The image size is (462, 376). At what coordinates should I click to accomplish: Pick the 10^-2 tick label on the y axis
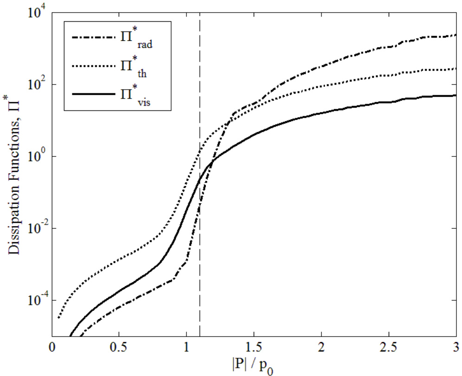tap(36, 228)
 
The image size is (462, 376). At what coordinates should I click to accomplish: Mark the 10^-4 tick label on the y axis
tap(36, 300)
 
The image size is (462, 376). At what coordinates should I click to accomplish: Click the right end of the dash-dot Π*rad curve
tap(456, 35)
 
